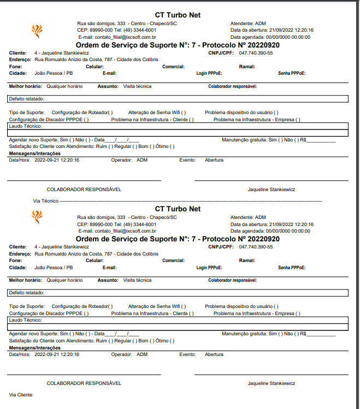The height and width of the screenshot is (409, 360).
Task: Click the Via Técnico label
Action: click(x=46, y=200)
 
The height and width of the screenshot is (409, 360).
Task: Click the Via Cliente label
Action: click(x=21, y=394)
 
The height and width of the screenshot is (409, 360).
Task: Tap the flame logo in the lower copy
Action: click(x=37, y=217)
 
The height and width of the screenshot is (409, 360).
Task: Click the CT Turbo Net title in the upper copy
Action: click(x=178, y=15)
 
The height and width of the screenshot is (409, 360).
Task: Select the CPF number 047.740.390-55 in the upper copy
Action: click(x=256, y=53)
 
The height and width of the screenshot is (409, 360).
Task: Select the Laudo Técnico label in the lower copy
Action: click(x=22, y=319)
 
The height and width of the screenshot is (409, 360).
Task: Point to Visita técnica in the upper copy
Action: click(x=137, y=86)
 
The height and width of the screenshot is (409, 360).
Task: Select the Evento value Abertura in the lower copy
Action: click(x=214, y=354)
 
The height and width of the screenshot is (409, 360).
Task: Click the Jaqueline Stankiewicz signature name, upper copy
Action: click(x=271, y=189)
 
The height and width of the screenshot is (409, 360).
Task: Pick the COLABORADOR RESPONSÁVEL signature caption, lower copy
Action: click(x=84, y=383)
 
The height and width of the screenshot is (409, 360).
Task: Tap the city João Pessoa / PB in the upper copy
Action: click(x=54, y=73)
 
